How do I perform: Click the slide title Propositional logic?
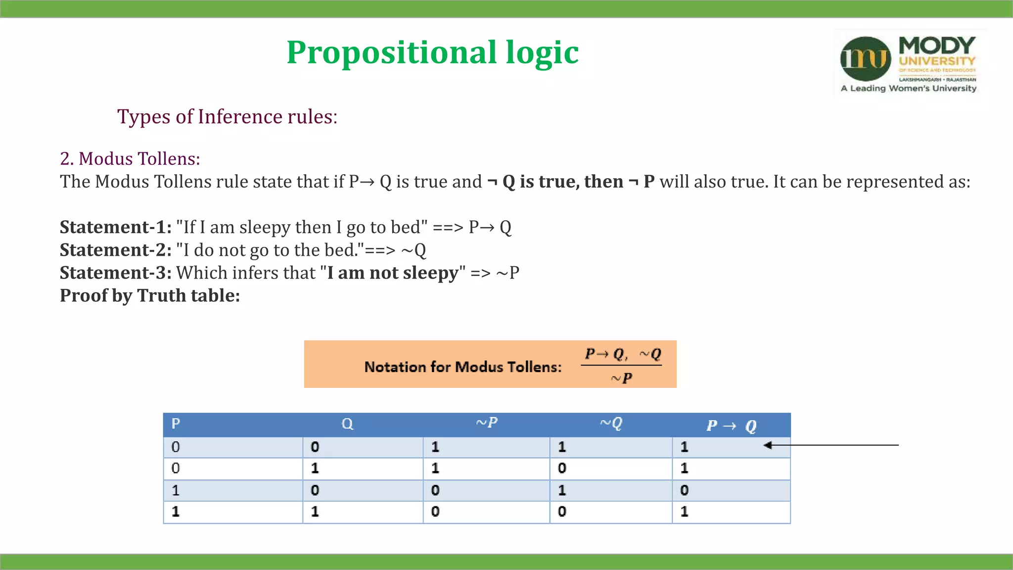click(432, 52)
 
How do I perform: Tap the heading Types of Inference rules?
click(227, 117)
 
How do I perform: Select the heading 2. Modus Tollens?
click(130, 159)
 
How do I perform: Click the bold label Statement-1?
click(115, 227)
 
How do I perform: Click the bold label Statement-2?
click(115, 250)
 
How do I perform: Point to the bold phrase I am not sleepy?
click(393, 273)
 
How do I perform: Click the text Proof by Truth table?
click(149, 295)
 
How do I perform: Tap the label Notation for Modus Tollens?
click(462, 367)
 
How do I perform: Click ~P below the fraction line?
click(621, 379)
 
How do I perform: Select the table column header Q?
click(347, 424)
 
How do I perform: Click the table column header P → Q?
click(731, 426)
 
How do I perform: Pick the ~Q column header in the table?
click(611, 423)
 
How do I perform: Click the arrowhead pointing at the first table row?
click(768, 445)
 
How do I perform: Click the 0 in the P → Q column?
click(684, 490)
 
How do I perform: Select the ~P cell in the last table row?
click(435, 512)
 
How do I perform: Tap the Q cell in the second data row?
click(315, 468)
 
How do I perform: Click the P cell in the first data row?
click(176, 447)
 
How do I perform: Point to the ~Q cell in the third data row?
click(562, 490)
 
